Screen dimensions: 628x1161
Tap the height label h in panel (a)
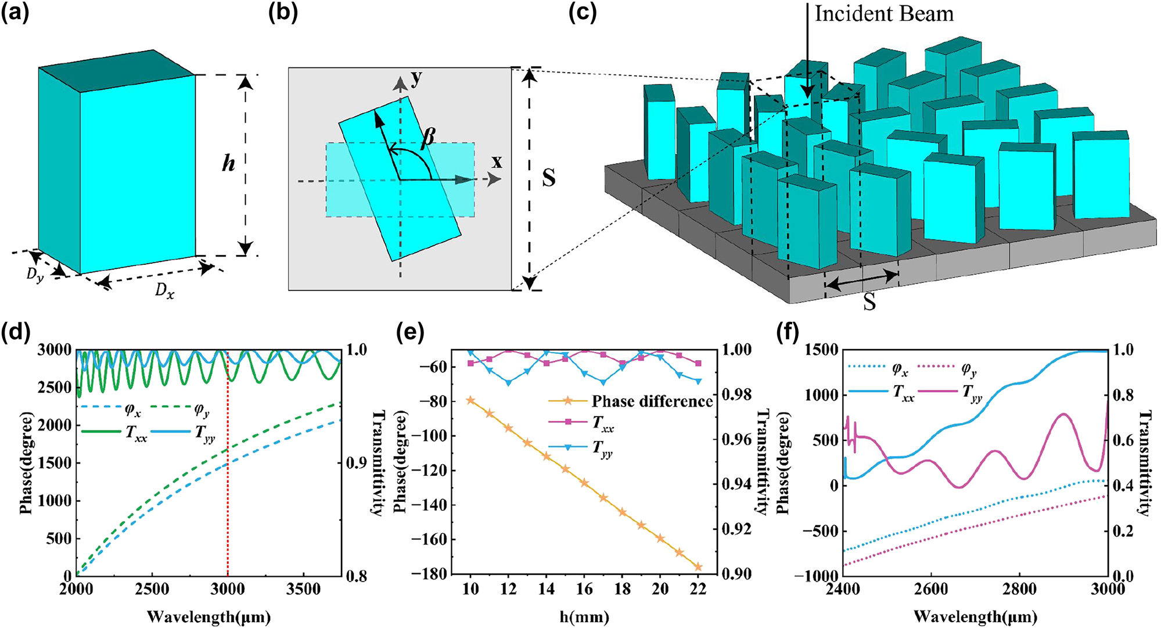pyautogui.click(x=228, y=164)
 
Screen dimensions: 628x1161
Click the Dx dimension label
pyautogui.click(x=164, y=290)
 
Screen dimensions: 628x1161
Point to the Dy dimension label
pyautogui.click(x=35, y=275)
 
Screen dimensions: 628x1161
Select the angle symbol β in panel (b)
pyautogui.click(x=428, y=137)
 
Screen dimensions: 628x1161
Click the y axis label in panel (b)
pyautogui.click(x=416, y=78)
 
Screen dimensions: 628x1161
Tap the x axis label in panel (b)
pyautogui.click(x=497, y=162)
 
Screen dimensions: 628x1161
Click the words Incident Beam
pyautogui.click(x=884, y=14)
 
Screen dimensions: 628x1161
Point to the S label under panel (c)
pyautogui.click(x=869, y=302)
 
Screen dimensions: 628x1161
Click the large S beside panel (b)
pyautogui.click(x=548, y=178)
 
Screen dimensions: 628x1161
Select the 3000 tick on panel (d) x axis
pyautogui.click(x=228, y=590)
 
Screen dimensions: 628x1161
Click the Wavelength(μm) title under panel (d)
pyautogui.click(x=209, y=617)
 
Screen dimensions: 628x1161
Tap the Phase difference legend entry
pyautogui.click(x=652, y=401)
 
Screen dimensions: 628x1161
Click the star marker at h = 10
pyautogui.click(x=470, y=400)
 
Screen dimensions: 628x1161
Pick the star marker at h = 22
pyautogui.click(x=698, y=567)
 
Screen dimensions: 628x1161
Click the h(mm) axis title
pyautogui.click(x=584, y=617)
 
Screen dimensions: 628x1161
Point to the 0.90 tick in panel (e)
pyautogui.click(x=736, y=574)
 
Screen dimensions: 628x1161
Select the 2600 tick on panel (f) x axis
pyautogui.click(x=930, y=590)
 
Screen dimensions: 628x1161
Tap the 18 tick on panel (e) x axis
pyautogui.click(x=622, y=590)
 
